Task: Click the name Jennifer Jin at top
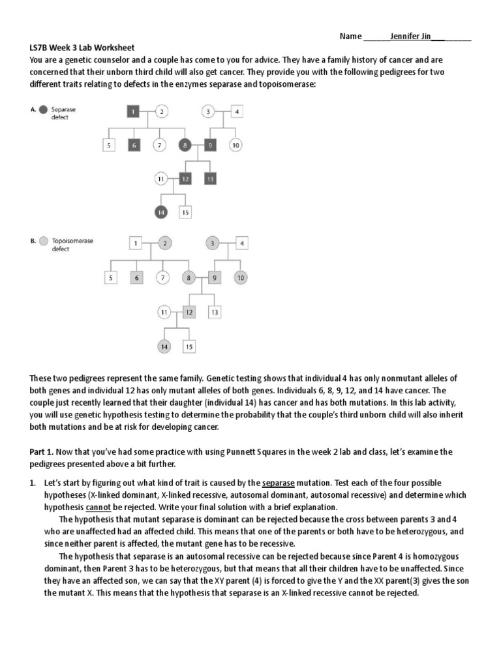click(x=411, y=37)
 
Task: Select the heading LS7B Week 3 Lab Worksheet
click(x=82, y=48)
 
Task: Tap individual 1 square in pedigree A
click(x=132, y=112)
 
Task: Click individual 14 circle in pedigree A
click(x=160, y=211)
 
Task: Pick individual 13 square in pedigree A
click(x=210, y=178)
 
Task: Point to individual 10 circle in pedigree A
click(x=236, y=145)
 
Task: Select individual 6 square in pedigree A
click(x=133, y=145)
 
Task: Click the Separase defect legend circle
click(x=42, y=110)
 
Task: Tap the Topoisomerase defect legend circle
click(x=43, y=241)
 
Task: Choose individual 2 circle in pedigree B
click(x=164, y=244)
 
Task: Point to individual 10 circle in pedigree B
click(x=241, y=278)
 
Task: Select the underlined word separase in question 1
click(x=279, y=483)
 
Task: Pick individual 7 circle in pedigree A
click(x=159, y=145)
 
